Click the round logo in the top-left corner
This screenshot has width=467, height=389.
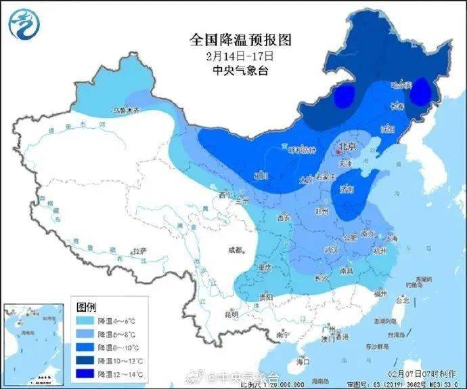tap(24, 23)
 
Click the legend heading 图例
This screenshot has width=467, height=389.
tap(87, 306)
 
